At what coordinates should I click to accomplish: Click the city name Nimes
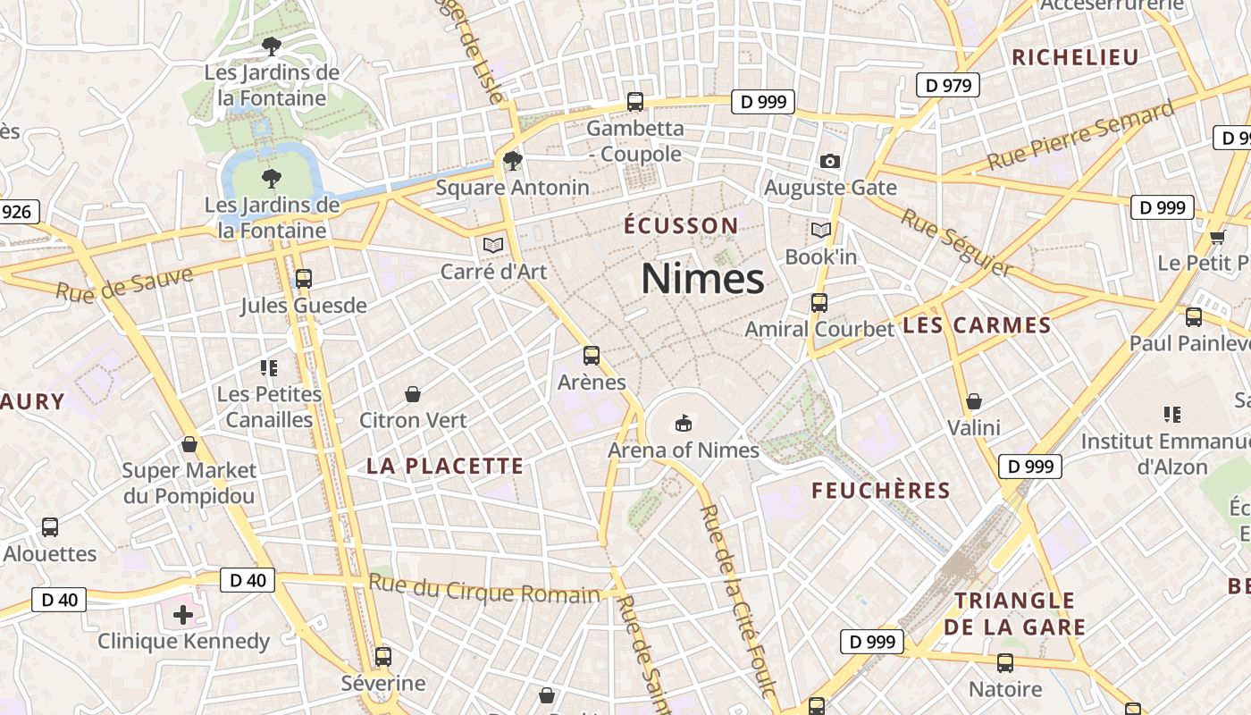pyautogui.click(x=702, y=279)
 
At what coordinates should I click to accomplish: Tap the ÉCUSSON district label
pyautogui.click(x=681, y=226)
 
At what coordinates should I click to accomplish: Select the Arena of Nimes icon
pyautogui.click(x=684, y=422)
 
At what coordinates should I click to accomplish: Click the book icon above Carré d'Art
pyautogui.click(x=493, y=245)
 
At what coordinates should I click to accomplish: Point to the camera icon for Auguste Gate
pyautogui.click(x=830, y=162)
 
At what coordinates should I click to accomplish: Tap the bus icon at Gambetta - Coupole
pyautogui.click(x=635, y=102)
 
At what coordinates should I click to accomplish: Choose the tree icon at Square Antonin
pyautogui.click(x=512, y=161)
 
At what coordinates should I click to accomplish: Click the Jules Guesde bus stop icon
pyautogui.click(x=304, y=279)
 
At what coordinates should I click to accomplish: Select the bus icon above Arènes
pyautogui.click(x=592, y=356)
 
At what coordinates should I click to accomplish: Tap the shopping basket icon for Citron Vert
pyautogui.click(x=413, y=393)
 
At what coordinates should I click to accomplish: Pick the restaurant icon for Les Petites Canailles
pyautogui.click(x=270, y=367)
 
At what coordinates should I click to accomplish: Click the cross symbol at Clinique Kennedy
pyautogui.click(x=183, y=615)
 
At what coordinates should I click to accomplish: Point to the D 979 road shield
pyautogui.click(x=948, y=86)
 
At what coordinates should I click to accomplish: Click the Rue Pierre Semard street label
pyautogui.click(x=1080, y=136)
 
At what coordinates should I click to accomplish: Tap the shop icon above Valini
pyautogui.click(x=974, y=401)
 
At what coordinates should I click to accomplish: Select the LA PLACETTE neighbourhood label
pyautogui.click(x=445, y=466)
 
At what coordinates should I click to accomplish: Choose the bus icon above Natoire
pyautogui.click(x=1005, y=663)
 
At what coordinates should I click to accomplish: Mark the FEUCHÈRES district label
pyautogui.click(x=881, y=491)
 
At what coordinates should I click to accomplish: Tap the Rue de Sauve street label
pyautogui.click(x=124, y=283)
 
